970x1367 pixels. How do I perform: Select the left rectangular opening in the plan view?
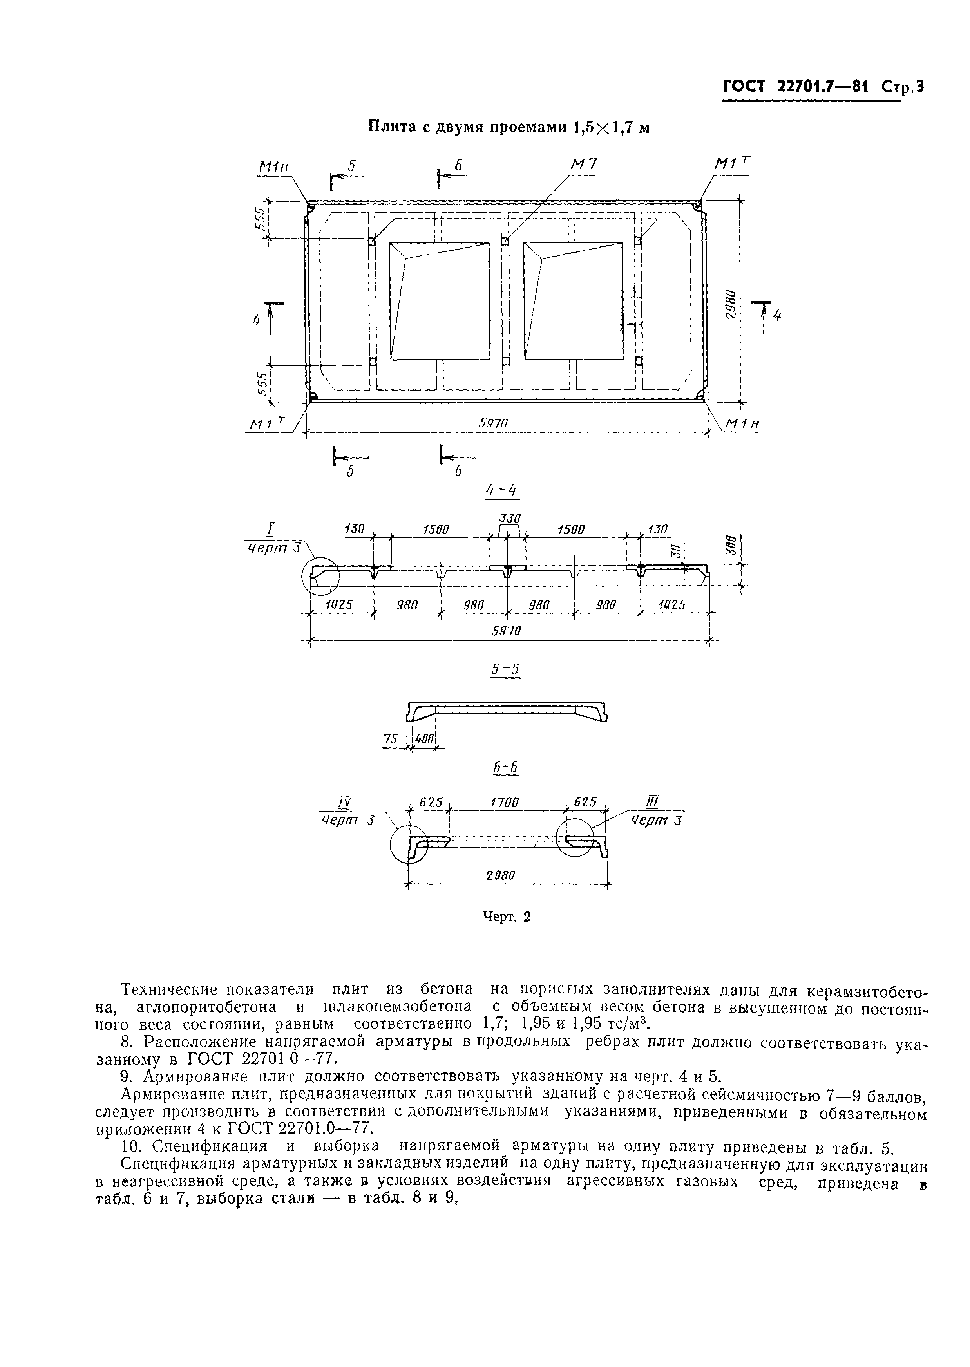tap(439, 300)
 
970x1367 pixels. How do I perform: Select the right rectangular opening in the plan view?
tap(573, 300)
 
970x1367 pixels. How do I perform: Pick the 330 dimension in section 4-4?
tap(510, 518)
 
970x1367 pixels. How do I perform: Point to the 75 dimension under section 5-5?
tap(390, 739)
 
